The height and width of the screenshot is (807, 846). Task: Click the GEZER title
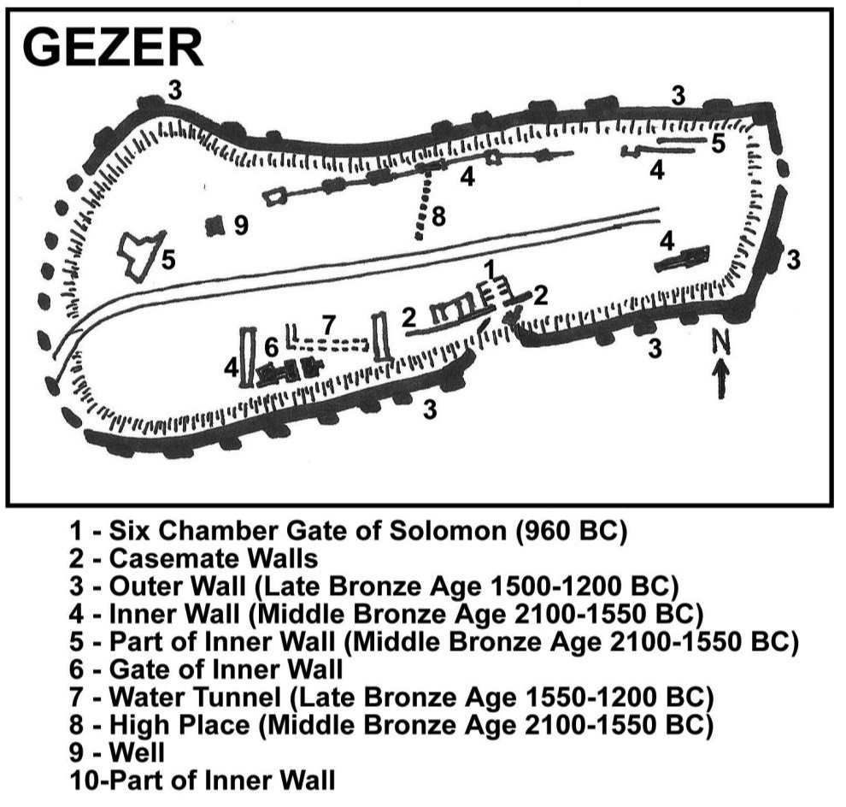pyautogui.click(x=113, y=48)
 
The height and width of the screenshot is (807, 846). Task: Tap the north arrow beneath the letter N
pyautogui.click(x=721, y=380)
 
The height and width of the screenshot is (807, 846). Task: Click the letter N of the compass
pyautogui.click(x=721, y=342)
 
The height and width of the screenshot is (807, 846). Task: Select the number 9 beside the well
pyautogui.click(x=241, y=225)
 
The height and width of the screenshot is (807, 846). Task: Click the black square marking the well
pyautogui.click(x=214, y=226)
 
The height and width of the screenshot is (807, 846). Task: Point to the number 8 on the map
pyautogui.click(x=438, y=216)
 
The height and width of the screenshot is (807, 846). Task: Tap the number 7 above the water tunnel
pyautogui.click(x=328, y=325)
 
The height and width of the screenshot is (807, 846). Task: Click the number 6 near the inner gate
pyautogui.click(x=271, y=348)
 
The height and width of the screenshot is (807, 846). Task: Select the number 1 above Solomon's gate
pyautogui.click(x=490, y=268)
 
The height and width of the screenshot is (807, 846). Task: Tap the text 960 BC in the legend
pyautogui.click(x=572, y=531)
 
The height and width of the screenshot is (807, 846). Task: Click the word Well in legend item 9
pyautogui.click(x=137, y=752)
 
